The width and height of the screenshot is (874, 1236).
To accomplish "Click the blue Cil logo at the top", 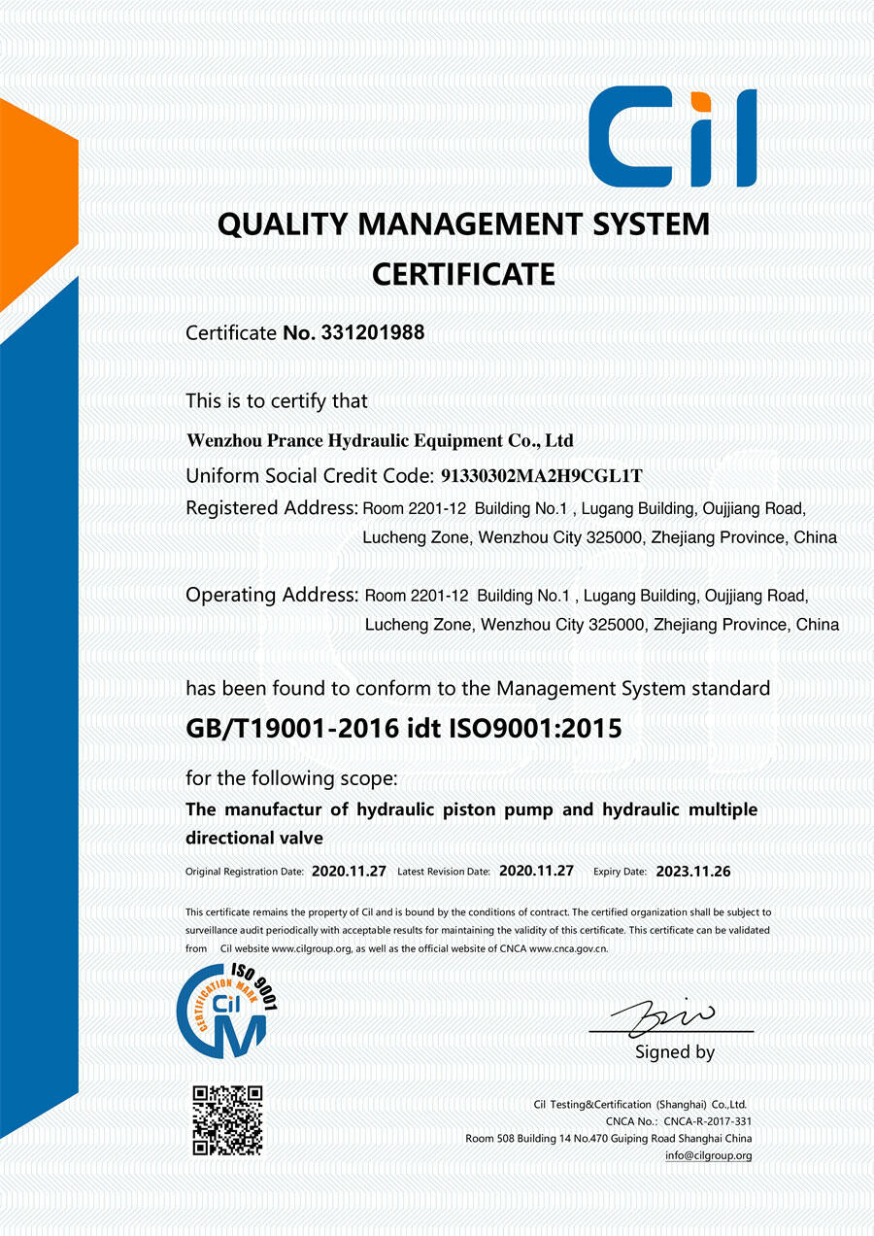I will coord(672,136).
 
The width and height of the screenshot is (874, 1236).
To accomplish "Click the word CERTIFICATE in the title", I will coord(463,275).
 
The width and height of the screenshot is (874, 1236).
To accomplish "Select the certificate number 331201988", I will coord(372,332).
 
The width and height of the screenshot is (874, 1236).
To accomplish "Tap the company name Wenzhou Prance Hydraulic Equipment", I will coord(380,440).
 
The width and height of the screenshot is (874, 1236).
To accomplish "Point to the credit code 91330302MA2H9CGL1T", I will coord(542,476).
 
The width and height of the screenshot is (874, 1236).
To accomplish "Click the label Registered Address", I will coord(271,507).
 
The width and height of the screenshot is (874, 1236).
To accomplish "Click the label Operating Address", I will coord(271,595).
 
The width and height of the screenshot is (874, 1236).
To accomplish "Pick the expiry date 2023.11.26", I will coord(693,872).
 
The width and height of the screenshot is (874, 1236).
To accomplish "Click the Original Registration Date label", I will coord(245,873).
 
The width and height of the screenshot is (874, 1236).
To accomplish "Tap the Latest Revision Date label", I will coord(444,873).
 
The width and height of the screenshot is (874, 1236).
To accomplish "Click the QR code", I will coord(227,1119).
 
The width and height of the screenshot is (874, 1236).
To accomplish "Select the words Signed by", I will coord(675,1052).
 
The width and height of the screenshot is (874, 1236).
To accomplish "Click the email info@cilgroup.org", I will coord(708,1155).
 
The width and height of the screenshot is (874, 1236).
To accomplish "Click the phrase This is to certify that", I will coord(277,400).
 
